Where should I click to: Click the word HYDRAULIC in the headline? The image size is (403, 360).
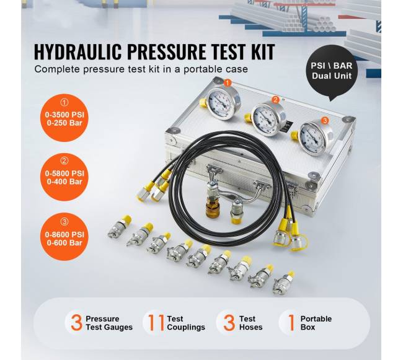coord(77,52)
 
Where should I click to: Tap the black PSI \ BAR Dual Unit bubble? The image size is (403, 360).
coord(331,71)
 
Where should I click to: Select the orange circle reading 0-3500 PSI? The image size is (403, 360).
coord(64,118)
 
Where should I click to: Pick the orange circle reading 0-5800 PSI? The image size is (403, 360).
coord(64,177)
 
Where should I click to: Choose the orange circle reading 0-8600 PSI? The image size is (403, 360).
coord(64,237)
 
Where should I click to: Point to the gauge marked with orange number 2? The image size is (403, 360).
coord(267,119)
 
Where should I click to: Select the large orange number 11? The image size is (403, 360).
coord(156,322)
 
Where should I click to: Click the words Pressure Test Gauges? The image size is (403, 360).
coord(109,323)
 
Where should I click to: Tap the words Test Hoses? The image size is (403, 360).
coord(251,323)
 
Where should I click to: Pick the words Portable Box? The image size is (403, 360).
coord(316,323)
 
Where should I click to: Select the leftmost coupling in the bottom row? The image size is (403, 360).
coord(120,227)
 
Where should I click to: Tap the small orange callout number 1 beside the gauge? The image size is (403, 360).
coord(228,83)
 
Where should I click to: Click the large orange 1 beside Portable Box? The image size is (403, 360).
coord(291,322)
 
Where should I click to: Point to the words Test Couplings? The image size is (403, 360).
coord(186,323)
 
